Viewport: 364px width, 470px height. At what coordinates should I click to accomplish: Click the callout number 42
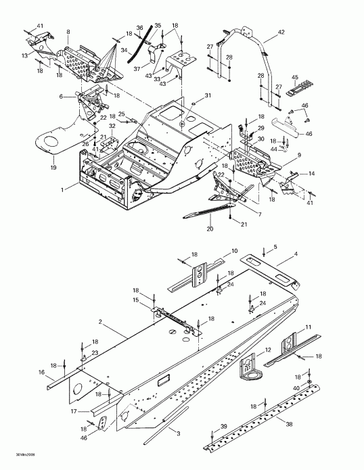tap(282, 31)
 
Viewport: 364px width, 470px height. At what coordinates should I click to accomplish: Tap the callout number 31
tap(208, 95)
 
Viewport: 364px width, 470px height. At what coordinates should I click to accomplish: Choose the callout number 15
tap(136, 300)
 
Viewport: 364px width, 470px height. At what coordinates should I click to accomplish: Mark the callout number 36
tap(140, 28)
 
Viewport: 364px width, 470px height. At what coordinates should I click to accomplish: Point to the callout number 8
tap(68, 32)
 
